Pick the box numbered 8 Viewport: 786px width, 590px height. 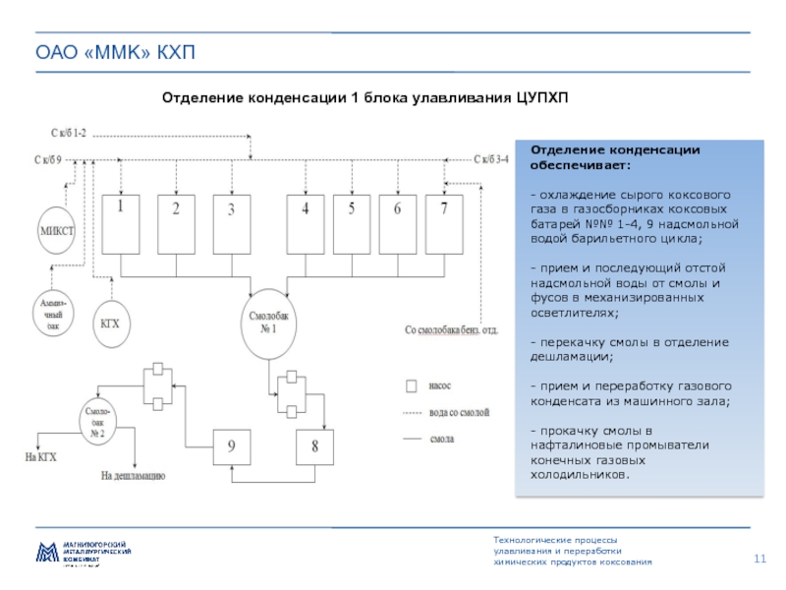(315, 446)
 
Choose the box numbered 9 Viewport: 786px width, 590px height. (232, 446)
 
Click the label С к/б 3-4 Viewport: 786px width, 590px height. (491, 158)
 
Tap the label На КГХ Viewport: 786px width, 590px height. (41, 455)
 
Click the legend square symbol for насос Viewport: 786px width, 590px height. (413, 386)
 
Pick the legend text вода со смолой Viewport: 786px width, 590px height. (460, 413)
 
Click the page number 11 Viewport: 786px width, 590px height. (759, 559)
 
